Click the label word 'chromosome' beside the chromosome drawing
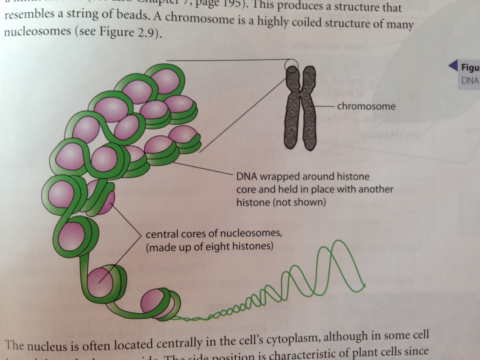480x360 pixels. click(366, 106)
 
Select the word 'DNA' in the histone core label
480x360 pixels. click(247, 177)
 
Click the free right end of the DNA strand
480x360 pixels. click(365, 286)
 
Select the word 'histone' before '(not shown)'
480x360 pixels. click(253, 202)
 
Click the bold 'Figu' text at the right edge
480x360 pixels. click(470, 68)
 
